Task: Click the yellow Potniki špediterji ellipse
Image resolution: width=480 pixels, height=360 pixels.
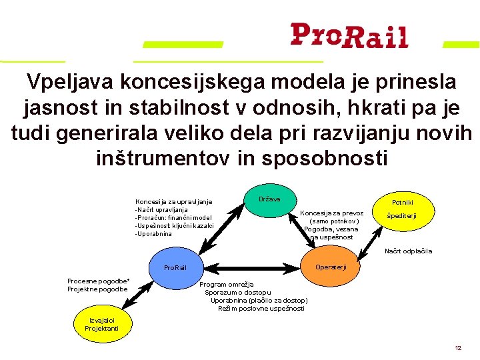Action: [x=403, y=208]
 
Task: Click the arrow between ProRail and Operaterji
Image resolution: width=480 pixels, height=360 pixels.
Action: [x=252, y=267]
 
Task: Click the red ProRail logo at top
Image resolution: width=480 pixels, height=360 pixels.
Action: [x=349, y=35]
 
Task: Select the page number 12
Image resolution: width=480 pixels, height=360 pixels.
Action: [x=458, y=348]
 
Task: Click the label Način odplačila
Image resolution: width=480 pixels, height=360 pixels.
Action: [x=408, y=251]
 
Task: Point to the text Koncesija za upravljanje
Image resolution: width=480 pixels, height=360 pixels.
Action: [x=173, y=201]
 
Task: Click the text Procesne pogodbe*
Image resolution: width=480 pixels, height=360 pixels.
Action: [x=98, y=281]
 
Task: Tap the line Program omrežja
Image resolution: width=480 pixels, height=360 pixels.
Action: [x=226, y=285]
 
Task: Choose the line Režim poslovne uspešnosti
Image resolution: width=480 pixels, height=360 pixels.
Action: [x=261, y=309]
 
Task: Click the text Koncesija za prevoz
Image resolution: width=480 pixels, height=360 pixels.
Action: [x=332, y=213]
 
